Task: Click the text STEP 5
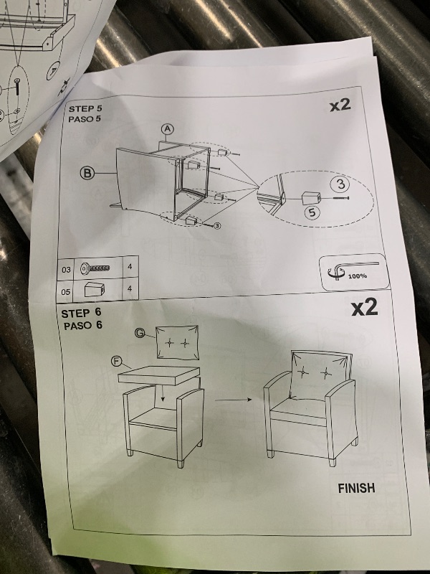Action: click(x=86, y=109)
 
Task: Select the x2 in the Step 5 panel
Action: click(x=339, y=105)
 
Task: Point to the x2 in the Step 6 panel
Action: click(x=363, y=308)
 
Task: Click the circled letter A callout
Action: click(x=168, y=128)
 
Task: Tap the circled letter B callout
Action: click(x=89, y=173)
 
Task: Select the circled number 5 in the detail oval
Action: click(x=311, y=212)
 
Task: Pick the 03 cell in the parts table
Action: click(x=67, y=270)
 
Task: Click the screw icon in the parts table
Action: click(x=96, y=269)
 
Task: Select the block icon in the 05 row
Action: click(x=94, y=288)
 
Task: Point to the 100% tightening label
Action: click(x=357, y=275)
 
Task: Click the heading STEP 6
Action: click(x=85, y=313)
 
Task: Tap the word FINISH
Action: click(x=356, y=489)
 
